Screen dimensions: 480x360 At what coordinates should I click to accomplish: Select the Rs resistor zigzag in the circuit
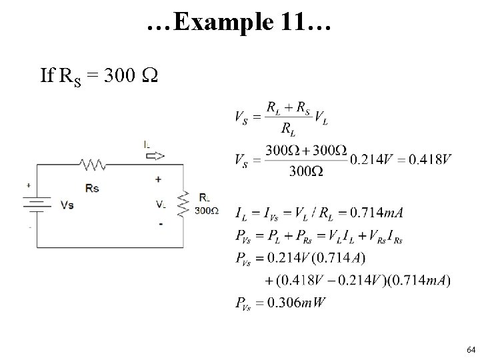[92, 163]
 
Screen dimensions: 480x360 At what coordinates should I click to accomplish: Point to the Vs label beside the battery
[67, 205]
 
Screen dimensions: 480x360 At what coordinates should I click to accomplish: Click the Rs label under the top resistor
[92, 188]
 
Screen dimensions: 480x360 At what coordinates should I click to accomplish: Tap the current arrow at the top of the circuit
[153, 156]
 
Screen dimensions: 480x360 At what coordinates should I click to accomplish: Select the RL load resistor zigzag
[183, 203]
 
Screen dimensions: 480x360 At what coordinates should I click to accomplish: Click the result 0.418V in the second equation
[427, 160]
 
